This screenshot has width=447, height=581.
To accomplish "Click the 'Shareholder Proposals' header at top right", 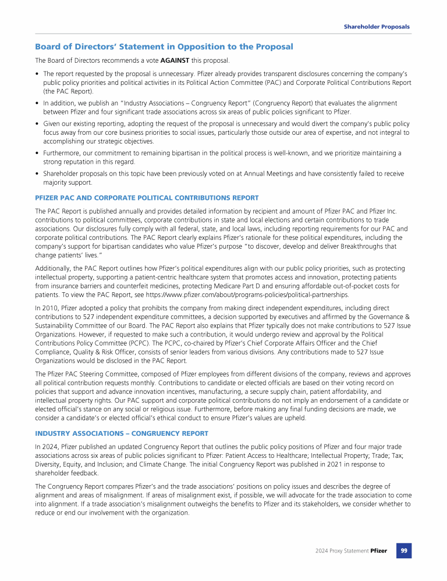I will (x=376, y=27).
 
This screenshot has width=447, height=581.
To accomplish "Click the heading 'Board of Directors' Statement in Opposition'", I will (x=164, y=46).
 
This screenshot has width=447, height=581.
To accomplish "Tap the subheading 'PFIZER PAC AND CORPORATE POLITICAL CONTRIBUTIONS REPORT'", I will (x=147, y=198).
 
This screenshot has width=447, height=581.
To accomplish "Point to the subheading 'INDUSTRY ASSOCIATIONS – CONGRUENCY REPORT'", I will (x=122, y=433).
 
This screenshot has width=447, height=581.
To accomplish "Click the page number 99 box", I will (x=404, y=550).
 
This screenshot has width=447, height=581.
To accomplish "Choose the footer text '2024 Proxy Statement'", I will (x=340, y=551).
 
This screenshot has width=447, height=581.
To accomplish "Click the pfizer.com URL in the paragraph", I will (x=264, y=295).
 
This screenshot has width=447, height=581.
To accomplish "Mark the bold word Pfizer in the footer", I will (x=379, y=551).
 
